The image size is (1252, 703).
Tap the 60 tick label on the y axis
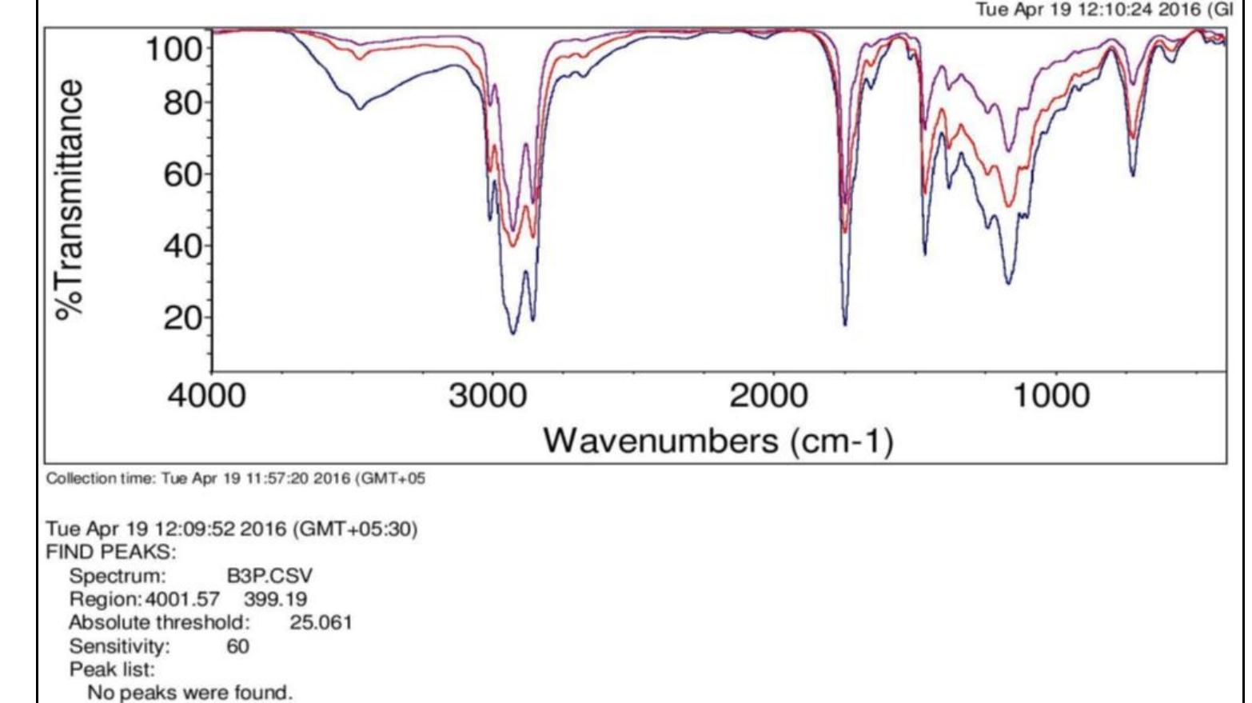pyautogui.click(x=183, y=174)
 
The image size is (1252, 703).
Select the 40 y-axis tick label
pyautogui.click(x=183, y=246)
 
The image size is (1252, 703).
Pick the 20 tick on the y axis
pyautogui.click(x=183, y=318)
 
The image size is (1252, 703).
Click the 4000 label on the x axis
pyautogui.click(x=206, y=396)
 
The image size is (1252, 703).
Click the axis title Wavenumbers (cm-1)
pyautogui.click(x=718, y=441)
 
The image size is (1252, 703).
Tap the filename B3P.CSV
pyautogui.click(x=269, y=576)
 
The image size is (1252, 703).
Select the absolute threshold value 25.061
pyautogui.click(x=321, y=622)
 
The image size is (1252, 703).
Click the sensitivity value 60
pyautogui.click(x=238, y=646)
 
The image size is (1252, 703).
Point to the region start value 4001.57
pyautogui.click(x=183, y=599)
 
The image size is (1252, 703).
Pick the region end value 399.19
pyautogui.click(x=275, y=599)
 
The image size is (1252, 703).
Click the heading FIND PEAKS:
pyautogui.click(x=111, y=553)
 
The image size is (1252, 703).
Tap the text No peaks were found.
pyautogui.click(x=189, y=693)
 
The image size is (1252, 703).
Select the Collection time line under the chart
pyautogui.click(x=236, y=479)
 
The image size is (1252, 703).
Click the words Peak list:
pyautogui.click(x=112, y=669)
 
